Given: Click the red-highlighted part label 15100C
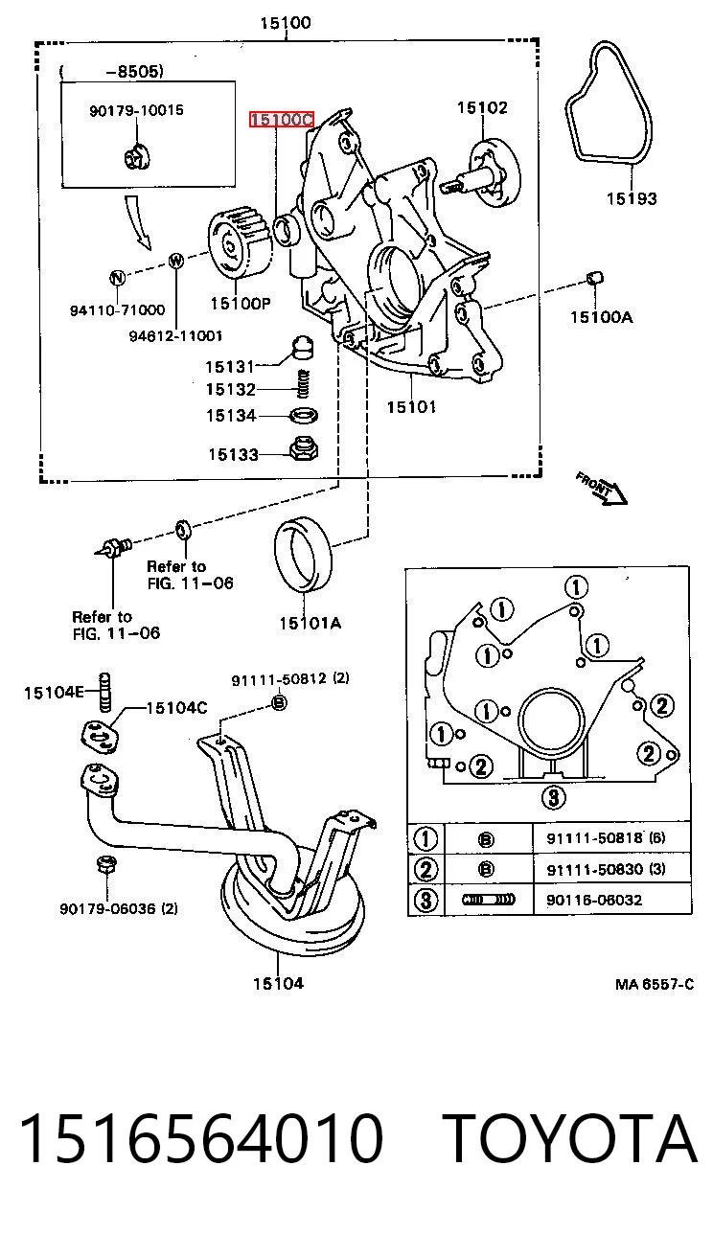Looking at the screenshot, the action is [x=282, y=119].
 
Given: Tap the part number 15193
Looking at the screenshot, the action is [x=632, y=198].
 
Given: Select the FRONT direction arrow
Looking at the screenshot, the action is [x=602, y=488].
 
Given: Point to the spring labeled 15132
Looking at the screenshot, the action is [x=303, y=383].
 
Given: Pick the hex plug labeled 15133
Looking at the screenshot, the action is [x=304, y=449].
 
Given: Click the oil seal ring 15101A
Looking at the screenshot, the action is [x=303, y=554].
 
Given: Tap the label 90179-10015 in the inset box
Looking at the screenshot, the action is [x=137, y=110].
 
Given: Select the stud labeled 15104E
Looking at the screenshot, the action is [x=104, y=692].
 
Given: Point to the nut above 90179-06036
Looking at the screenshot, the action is [x=105, y=863].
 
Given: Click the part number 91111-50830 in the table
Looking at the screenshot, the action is [x=594, y=869].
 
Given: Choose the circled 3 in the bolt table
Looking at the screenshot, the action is [x=425, y=901].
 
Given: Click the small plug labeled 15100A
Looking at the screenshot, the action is [x=594, y=278].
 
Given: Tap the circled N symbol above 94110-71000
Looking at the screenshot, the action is [x=117, y=278].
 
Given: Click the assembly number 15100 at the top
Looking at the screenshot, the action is [x=286, y=23].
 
